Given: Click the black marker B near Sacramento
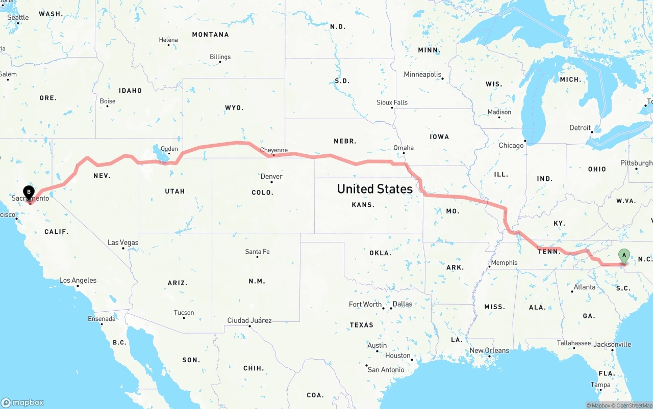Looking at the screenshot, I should pos(29,193).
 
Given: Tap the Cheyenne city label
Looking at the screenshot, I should pos(274,150).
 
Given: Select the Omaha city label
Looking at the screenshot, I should pos(403,148).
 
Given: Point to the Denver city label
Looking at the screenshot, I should pos(271,177).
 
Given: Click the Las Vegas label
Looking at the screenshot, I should pos(123,242).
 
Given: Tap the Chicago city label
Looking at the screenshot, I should pos(511,145).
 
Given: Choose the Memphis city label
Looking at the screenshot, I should pos(504,263).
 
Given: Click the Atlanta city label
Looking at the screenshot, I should pos(584,287).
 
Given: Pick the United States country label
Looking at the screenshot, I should pos(375,189).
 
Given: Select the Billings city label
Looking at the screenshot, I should pos(220,57).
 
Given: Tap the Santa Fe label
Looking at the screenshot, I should pos(257,252).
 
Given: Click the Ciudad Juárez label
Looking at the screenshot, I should pos(249,320).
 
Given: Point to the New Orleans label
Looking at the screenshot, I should pos(489,350).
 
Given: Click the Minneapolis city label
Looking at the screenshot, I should pos(422,74).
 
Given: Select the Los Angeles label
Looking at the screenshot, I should pos(78,281).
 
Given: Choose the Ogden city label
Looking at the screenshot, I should pos(169,149).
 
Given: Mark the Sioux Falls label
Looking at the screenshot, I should pos(392,102).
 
